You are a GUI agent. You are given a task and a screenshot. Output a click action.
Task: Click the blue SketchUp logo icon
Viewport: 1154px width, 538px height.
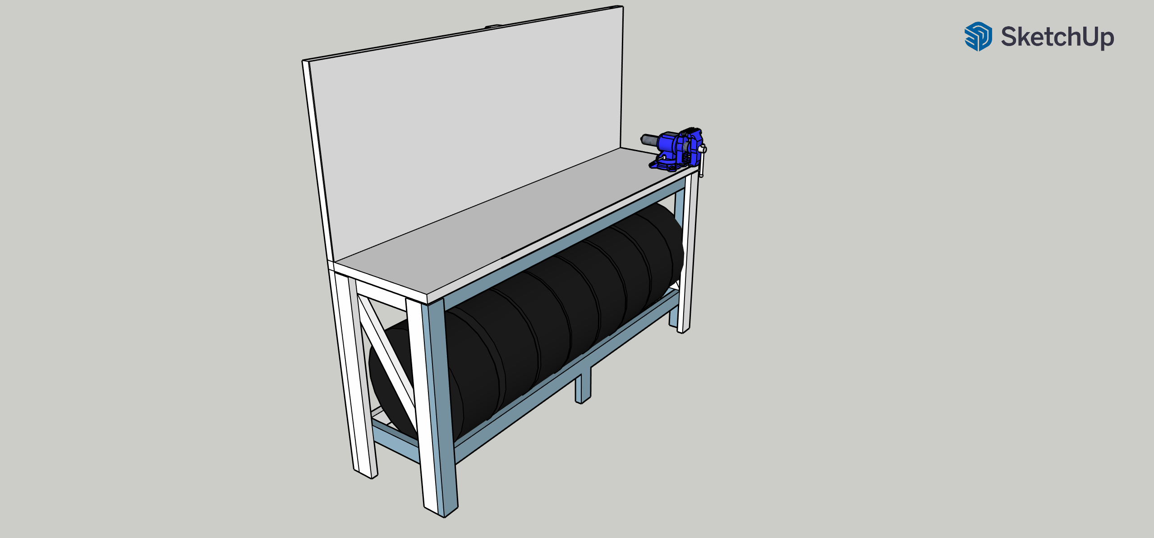pyautogui.click(x=978, y=36)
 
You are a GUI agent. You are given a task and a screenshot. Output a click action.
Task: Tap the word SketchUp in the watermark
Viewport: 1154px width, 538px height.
pyautogui.click(x=1057, y=37)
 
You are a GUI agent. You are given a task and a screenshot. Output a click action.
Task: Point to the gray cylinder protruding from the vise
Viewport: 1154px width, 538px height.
pyautogui.click(x=650, y=140)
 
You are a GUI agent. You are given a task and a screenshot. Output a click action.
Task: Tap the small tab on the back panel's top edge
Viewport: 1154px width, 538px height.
pyautogui.click(x=494, y=26)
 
